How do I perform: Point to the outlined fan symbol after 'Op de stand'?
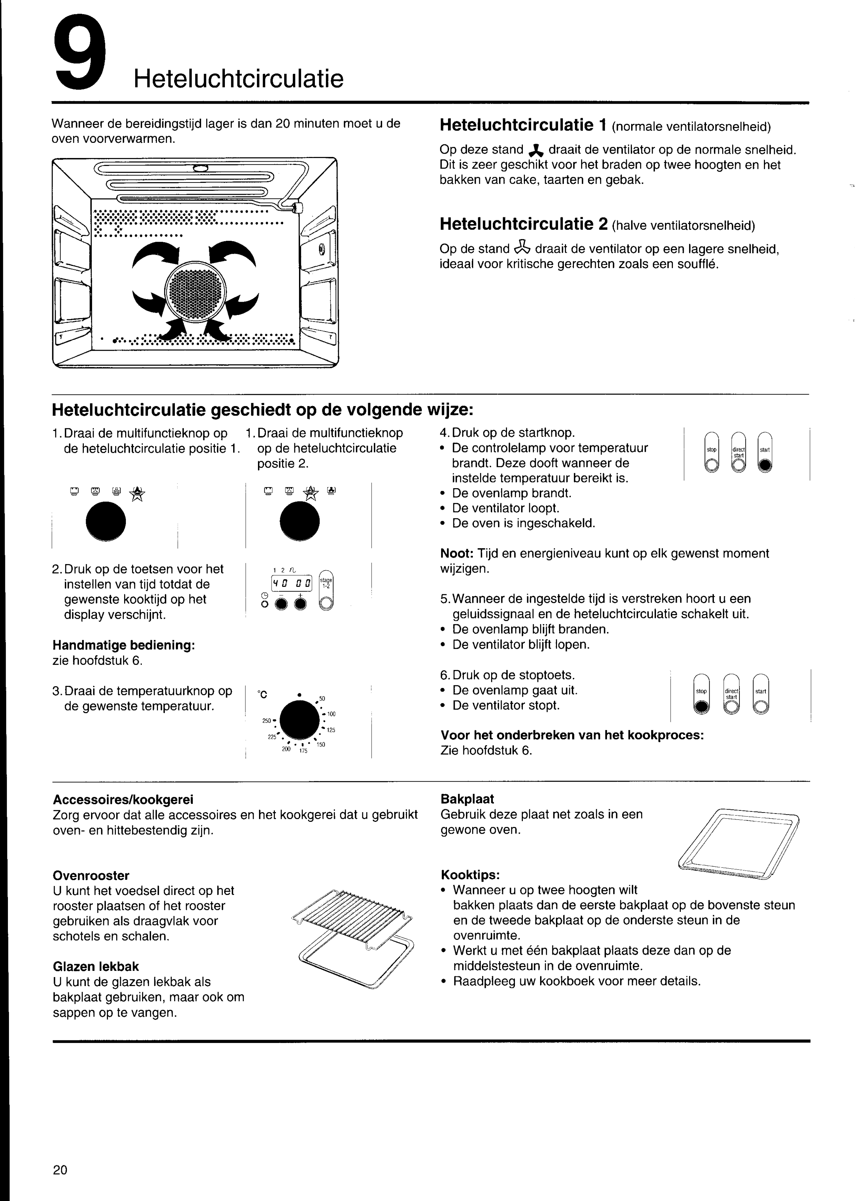pos(522,248)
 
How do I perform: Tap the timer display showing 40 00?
pos(292,583)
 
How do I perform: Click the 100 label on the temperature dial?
pos(331,714)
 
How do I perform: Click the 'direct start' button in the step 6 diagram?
pos(731,694)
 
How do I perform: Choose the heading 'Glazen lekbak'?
pos(96,966)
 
